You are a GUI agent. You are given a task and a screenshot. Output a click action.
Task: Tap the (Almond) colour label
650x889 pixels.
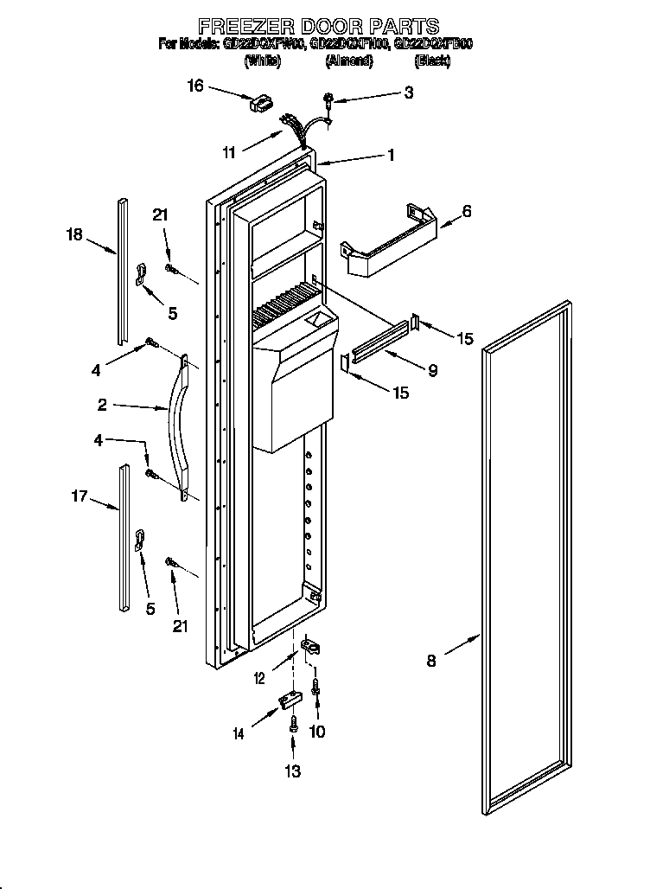pos(349,61)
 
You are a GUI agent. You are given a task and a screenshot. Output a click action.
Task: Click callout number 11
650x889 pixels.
pos(229,153)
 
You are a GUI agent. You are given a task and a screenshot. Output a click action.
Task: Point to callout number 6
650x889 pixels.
pos(466,210)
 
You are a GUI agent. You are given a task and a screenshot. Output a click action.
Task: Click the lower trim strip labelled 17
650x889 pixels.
pos(125,540)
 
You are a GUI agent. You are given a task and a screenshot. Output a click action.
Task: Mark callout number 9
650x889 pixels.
pos(432,371)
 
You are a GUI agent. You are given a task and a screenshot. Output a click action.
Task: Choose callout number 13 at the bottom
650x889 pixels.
pos(293,772)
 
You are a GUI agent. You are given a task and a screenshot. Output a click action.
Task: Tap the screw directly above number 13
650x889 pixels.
pos(294,725)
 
